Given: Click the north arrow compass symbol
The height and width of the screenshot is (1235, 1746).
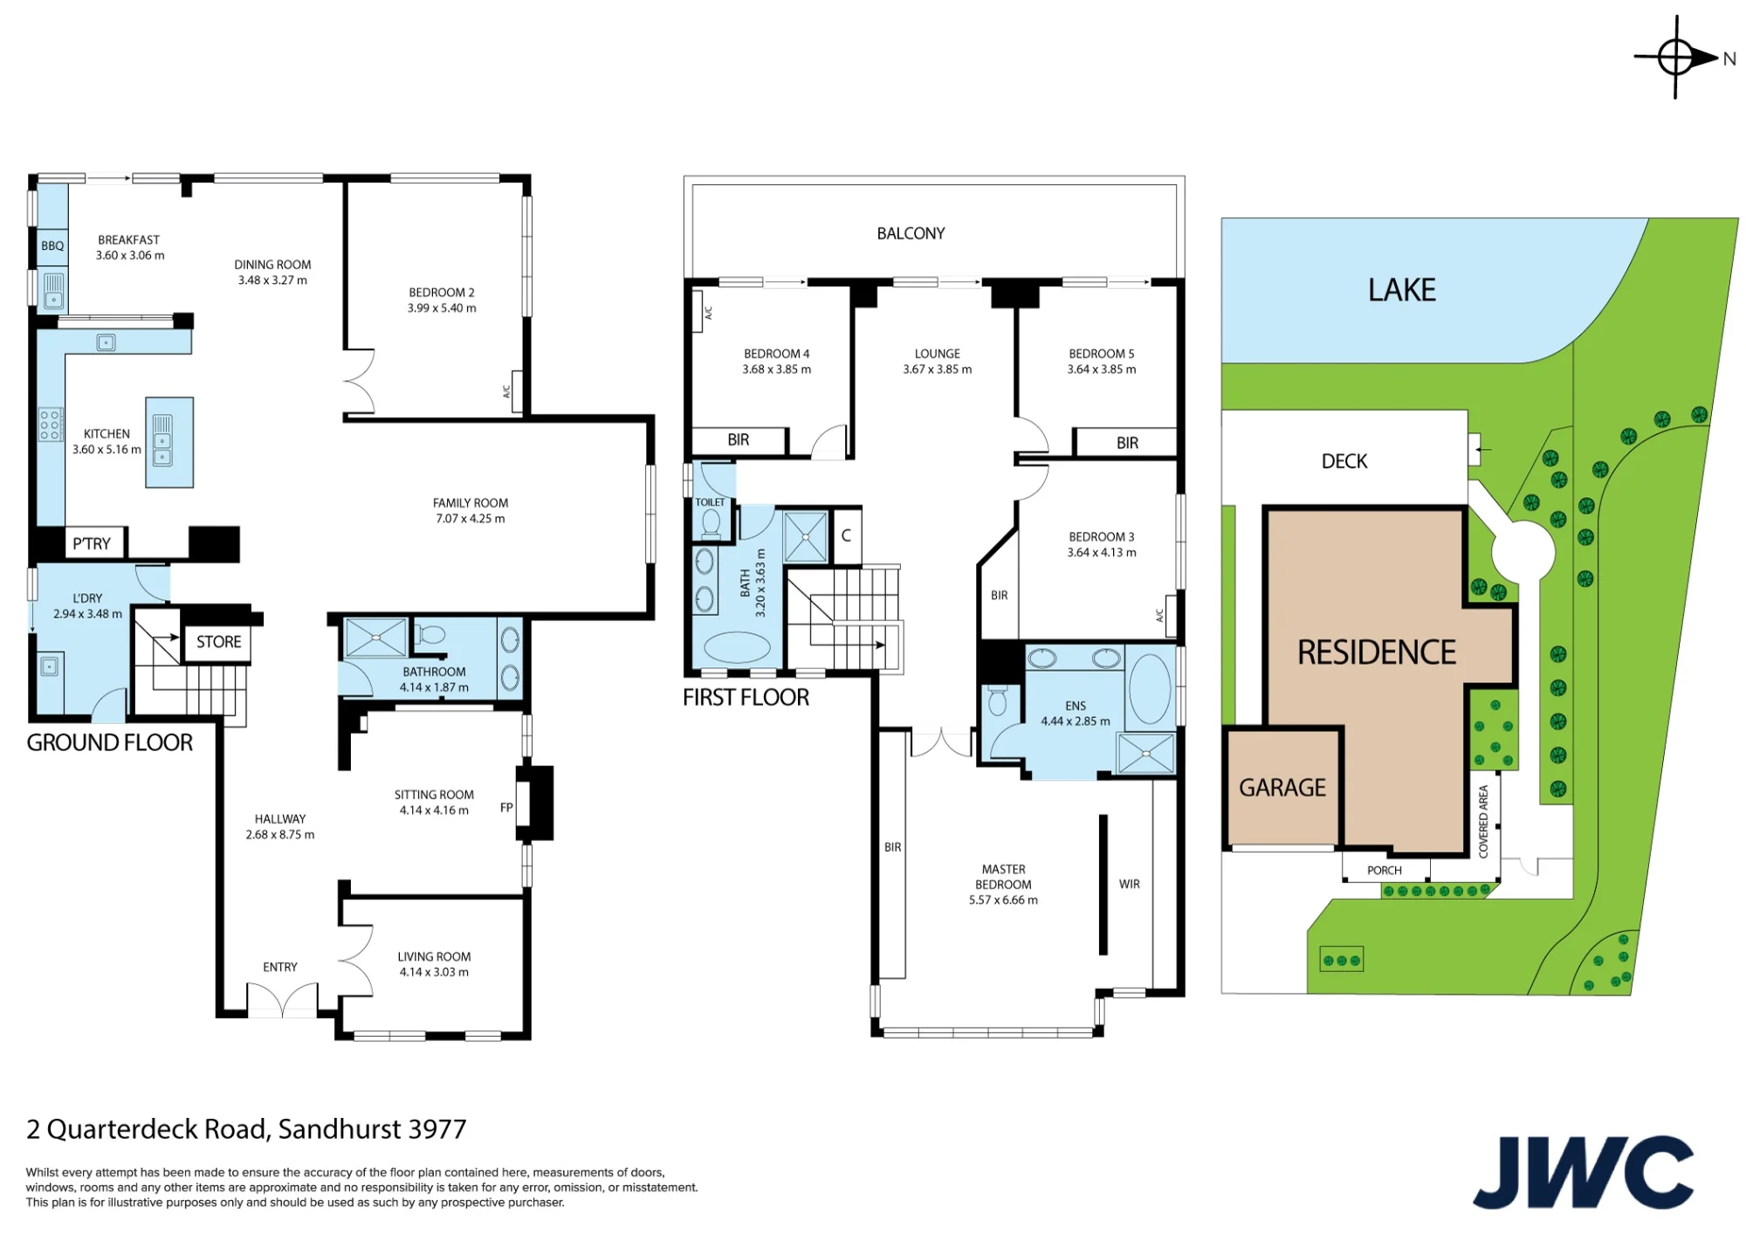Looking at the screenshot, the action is (1676, 58).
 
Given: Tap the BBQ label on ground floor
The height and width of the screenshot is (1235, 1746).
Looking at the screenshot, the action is (52, 245).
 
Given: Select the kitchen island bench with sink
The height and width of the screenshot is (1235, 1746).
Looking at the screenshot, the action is (169, 442).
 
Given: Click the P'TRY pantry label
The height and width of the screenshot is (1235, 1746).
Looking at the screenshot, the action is (92, 543).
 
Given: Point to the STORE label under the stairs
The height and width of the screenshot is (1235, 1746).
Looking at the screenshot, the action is (218, 642).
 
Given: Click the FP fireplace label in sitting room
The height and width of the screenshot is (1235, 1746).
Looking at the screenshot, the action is (506, 808).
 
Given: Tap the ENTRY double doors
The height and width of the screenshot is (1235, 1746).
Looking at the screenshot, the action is (282, 1000).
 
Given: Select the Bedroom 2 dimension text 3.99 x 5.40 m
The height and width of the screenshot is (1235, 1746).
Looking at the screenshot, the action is (442, 308).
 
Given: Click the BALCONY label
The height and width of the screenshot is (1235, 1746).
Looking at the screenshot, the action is (911, 233).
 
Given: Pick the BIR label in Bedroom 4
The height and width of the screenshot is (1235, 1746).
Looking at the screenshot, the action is (739, 440).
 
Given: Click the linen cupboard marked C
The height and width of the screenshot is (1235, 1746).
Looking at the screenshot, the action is (846, 535).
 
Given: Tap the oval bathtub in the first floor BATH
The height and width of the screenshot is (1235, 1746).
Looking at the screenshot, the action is (737, 648).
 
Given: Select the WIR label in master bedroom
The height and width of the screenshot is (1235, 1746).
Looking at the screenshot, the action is (1130, 884).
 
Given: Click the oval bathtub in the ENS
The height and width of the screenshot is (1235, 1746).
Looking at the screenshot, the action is (1150, 688).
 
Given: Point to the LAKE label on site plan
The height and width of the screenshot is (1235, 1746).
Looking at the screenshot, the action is (1402, 290).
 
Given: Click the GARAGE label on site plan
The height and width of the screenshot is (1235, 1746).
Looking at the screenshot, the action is (1282, 788).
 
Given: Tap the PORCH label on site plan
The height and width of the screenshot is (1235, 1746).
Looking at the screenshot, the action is (1385, 870).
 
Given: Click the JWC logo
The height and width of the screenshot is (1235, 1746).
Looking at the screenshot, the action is (1584, 1172).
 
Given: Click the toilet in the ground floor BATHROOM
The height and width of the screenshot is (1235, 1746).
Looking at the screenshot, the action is (430, 635).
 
